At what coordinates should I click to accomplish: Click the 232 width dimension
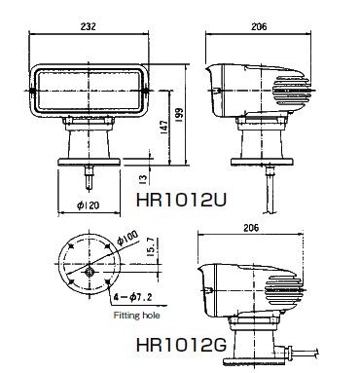tap(89, 26)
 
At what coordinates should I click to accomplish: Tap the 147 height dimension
tap(164, 129)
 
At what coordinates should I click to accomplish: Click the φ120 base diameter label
tap(89, 205)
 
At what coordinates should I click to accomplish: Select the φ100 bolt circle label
tap(127, 238)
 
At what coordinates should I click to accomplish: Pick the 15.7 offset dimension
tap(152, 247)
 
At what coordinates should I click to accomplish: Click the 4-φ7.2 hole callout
tap(133, 297)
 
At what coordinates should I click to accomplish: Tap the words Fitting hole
tap(136, 315)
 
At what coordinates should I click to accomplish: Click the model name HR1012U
tap(181, 200)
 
